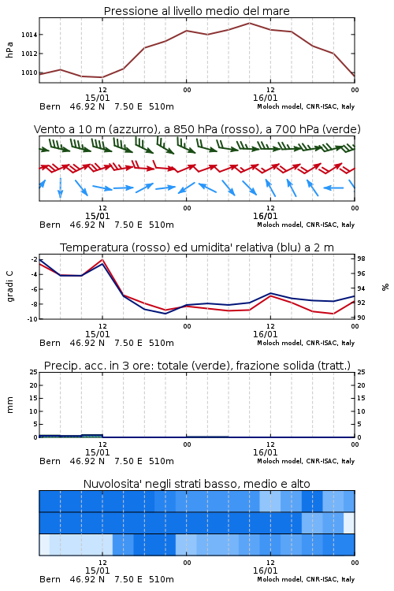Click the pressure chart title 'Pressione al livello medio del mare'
point(196,11)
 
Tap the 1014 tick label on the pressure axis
point(29,35)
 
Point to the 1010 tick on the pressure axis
point(29,72)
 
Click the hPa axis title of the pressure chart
point(9,50)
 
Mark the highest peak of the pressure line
point(249,23)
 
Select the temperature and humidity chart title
point(197,247)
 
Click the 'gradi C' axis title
point(9,287)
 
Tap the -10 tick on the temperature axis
point(32,319)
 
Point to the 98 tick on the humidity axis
point(361,258)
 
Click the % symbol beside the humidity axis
point(385,287)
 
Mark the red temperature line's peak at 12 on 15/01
point(102,259)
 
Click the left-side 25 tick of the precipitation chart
point(34,372)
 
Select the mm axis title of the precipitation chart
point(9,405)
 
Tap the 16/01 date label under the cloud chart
point(265,571)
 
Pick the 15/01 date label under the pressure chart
point(97,98)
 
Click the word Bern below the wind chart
point(50,225)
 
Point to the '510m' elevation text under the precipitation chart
point(162,461)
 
